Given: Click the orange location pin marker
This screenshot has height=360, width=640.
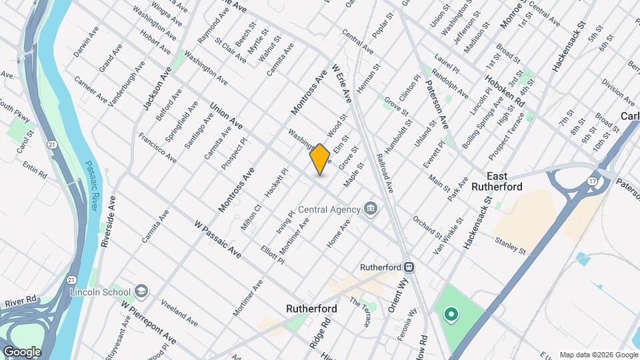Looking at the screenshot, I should point(320,159).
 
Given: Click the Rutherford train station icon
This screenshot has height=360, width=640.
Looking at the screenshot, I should point(410,267).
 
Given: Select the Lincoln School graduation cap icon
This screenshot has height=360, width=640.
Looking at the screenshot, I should point(141,291).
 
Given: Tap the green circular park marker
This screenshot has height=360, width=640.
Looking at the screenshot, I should point(451,313).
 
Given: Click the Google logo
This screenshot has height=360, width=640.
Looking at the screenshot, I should point(22,351).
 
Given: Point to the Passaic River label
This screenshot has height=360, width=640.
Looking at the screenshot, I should point(91,186).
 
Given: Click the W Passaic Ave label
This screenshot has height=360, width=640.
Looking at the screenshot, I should point(217,240).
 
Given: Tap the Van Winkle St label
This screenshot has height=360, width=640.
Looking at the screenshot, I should point(449,234).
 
